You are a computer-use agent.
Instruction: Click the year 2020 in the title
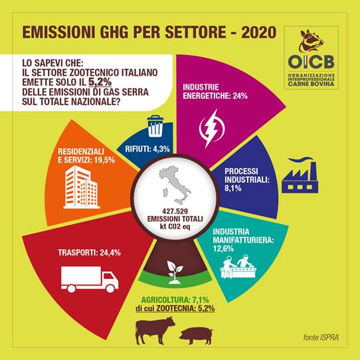[259, 33]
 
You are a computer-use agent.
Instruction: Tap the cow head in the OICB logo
[311, 41]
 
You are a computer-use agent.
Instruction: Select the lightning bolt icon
[212, 128]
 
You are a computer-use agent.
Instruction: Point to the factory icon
[300, 175]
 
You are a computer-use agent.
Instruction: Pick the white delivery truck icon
[90, 279]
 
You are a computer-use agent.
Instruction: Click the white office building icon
[82, 187]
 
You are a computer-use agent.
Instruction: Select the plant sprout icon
[175, 272]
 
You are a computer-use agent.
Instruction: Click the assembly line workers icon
[238, 266]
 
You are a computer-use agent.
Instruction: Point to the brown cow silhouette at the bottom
[155, 331]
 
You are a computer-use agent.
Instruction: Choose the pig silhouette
[197, 336]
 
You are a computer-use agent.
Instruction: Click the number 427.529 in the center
[175, 211]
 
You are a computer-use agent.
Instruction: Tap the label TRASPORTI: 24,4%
[89, 252]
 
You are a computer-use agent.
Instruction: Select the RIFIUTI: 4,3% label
[147, 149]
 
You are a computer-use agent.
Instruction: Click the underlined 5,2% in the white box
[100, 82]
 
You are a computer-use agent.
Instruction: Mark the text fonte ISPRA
[321, 337]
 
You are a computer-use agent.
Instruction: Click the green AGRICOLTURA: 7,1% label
[175, 300]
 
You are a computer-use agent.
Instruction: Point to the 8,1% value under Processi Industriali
[233, 188]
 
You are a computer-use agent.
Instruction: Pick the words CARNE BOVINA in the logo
[311, 84]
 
